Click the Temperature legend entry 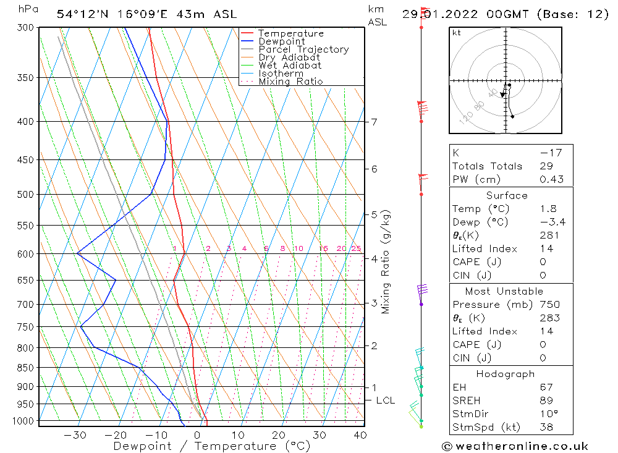(x=290, y=33)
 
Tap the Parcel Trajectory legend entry (x=303, y=49)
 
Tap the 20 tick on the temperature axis (x=279, y=435)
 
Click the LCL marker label (x=385, y=400)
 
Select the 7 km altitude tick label (x=375, y=122)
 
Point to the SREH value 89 (x=547, y=400)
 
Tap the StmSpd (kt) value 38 (x=547, y=427)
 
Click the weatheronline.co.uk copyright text (x=515, y=446)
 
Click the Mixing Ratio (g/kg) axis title (x=386, y=261)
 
